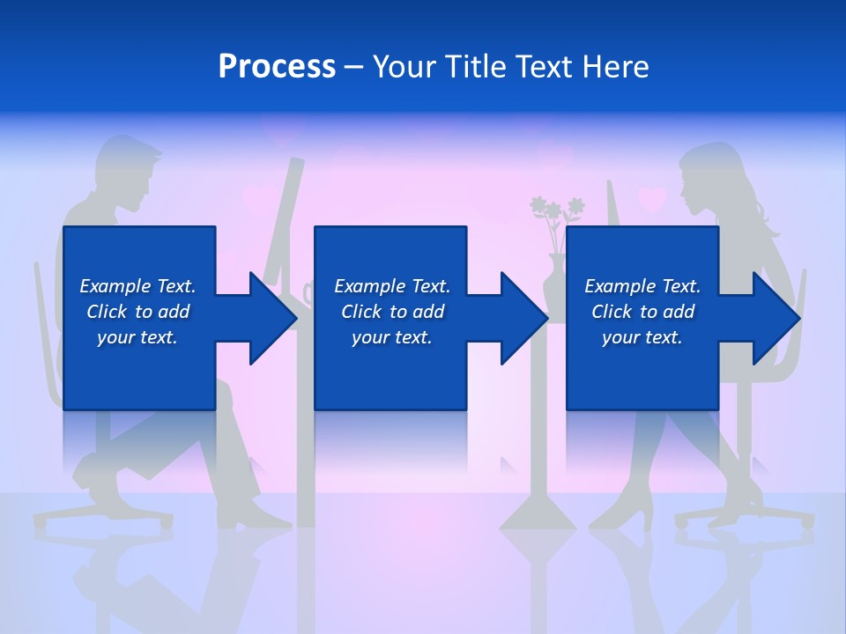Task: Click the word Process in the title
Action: pos(277,67)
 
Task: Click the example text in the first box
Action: pos(137,312)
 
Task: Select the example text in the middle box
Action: pos(392,312)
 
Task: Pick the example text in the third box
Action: pos(642,312)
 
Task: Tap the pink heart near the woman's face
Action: pos(652,200)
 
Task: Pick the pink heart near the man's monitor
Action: pos(258,199)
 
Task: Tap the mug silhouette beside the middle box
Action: pos(308,291)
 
